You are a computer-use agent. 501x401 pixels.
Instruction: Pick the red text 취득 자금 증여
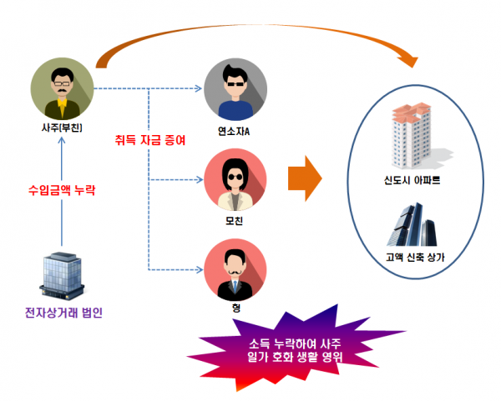[150, 139]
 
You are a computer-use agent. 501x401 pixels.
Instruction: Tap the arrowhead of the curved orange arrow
[408, 59]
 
